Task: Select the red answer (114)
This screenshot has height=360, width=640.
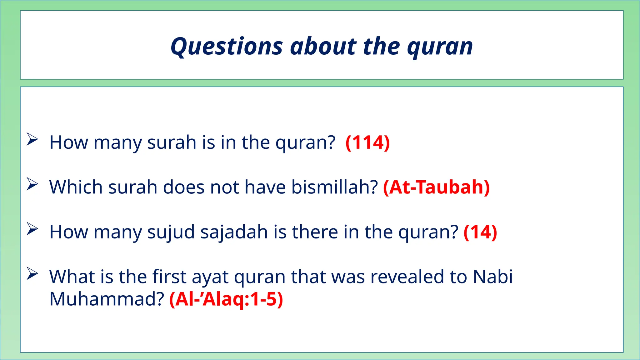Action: coord(368,142)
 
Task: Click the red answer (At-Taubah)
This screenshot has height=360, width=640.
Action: coord(436,187)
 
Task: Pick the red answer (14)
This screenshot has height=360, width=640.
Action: coord(480,232)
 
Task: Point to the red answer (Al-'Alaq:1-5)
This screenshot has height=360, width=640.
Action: coord(226,299)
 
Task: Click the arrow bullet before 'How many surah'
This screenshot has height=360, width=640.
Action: coord(32,139)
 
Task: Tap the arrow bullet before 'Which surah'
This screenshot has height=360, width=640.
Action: coord(32,184)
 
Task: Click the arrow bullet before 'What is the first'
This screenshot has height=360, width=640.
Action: coord(32,273)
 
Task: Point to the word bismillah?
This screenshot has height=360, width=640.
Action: coord(335,187)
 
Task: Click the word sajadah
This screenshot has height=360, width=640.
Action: coord(234,232)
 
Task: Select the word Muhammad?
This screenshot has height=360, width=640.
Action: coord(107,299)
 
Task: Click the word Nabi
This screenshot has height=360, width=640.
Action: coord(492,277)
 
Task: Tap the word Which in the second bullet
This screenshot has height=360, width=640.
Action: coord(76,187)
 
